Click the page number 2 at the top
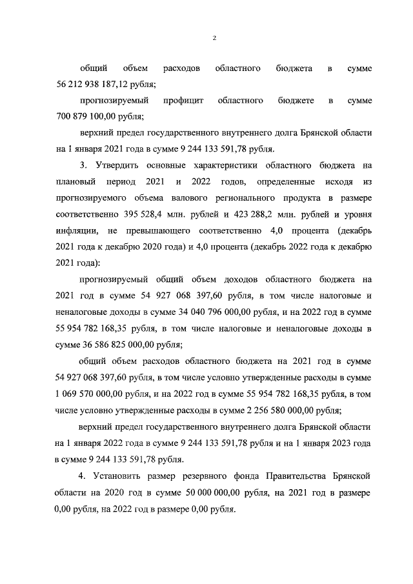(x=214, y=38)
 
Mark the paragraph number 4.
(x=82, y=476)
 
